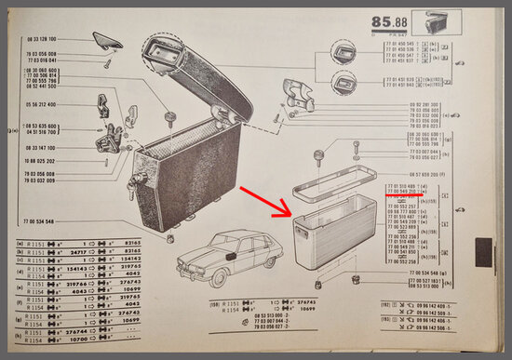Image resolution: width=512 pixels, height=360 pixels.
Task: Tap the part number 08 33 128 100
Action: click(x=39, y=39)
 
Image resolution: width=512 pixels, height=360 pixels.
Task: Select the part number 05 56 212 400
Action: click(x=39, y=105)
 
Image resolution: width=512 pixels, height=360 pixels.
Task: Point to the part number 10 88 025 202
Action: click(x=39, y=160)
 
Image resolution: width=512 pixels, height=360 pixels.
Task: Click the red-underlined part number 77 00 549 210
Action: click(x=406, y=193)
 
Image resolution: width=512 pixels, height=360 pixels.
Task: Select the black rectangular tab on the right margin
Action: click(x=483, y=250)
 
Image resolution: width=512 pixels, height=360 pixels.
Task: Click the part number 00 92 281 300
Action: click(x=424, y=104)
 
